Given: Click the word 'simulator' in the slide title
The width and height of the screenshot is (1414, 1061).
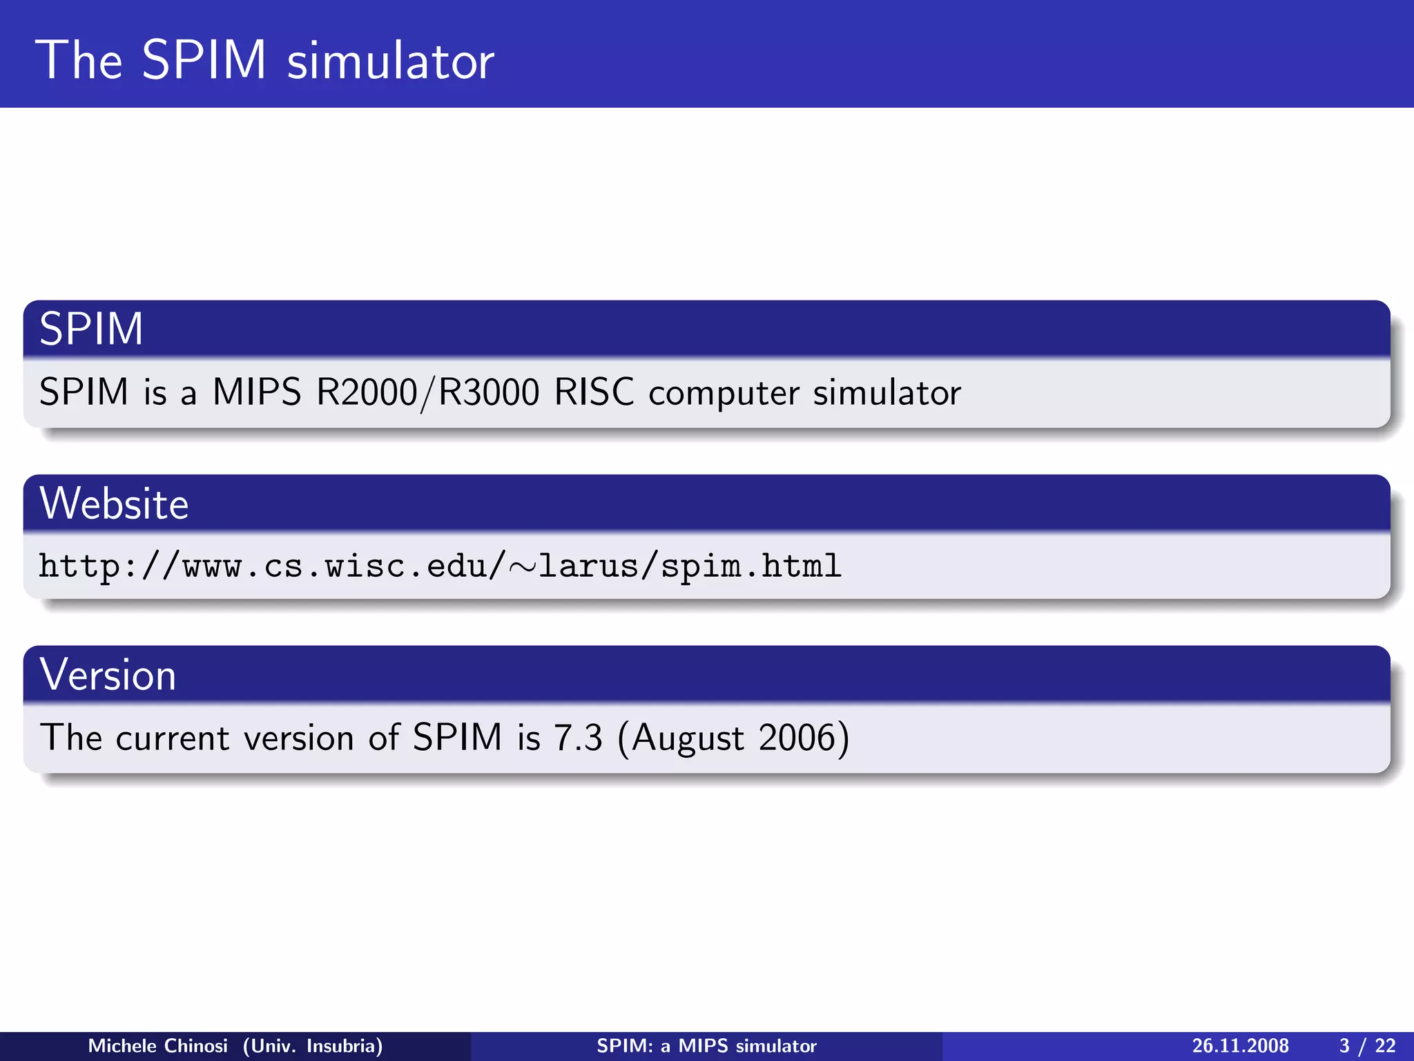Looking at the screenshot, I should tap(390, 61).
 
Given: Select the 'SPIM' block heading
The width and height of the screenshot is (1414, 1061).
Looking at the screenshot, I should tap(91, 329).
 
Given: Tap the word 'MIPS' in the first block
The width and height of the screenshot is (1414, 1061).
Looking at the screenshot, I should tap(257, 392).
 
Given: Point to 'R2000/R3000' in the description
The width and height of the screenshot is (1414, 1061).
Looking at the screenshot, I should tap(427, 392).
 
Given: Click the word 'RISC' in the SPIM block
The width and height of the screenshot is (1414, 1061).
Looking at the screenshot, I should tap(594, 392).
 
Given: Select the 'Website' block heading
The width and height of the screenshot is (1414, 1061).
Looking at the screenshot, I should tap(114, 504).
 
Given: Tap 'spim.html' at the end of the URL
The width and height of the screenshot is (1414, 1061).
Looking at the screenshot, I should tap(750, 567).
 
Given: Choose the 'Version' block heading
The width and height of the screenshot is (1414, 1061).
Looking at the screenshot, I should tap(108, 675).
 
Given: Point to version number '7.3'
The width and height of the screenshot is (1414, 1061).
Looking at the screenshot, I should tap(578, 738).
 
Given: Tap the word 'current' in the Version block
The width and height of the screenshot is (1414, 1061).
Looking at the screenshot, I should tap(172, 738).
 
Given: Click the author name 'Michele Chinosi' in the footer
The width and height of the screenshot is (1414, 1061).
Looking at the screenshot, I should tap(157, 1046).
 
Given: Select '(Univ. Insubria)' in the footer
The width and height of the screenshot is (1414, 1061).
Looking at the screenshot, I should tap(312, 1046).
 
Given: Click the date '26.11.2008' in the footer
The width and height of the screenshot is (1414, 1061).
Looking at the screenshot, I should tap(1240, 1046).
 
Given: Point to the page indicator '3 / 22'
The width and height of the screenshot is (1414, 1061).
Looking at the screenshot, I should tap(1367, 1046).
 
